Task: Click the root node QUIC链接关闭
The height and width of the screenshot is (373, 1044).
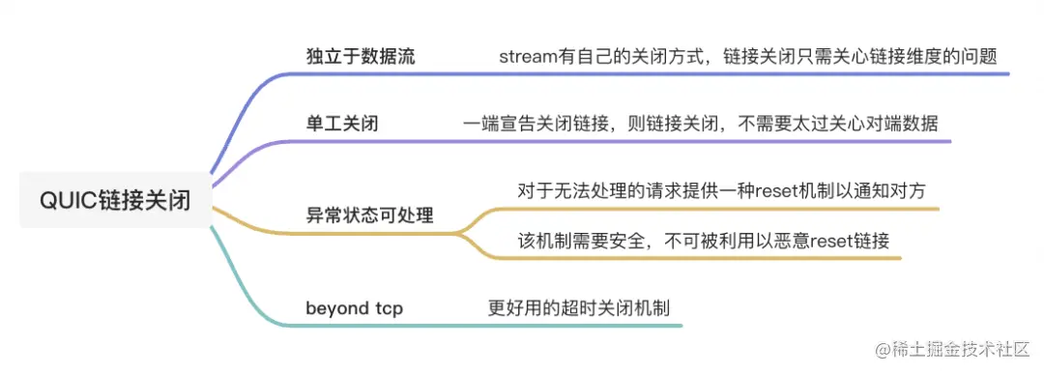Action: pos(115,201)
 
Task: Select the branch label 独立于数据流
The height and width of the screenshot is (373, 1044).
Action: pos(360,56)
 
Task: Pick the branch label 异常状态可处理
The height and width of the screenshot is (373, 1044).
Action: pos(369,215)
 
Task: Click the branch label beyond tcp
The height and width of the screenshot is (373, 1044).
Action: pos(354,309)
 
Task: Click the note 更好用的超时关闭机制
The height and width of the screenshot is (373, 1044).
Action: pos(579,309)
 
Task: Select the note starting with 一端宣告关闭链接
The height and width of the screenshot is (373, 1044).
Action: pos(700,124)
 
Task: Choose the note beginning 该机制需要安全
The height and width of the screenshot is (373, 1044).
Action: pos(703,240)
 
